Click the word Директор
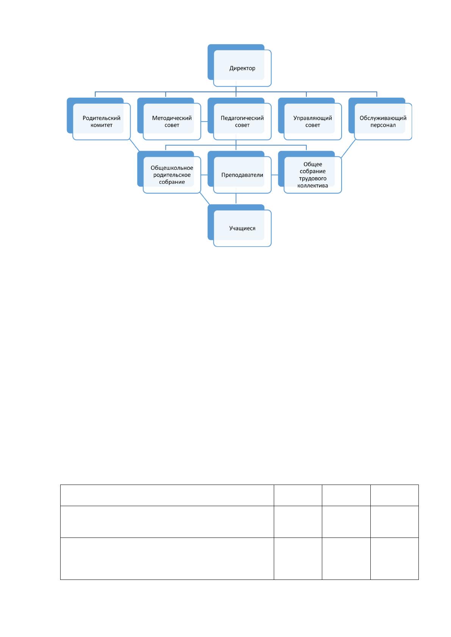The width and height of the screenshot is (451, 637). (x=242, y=68)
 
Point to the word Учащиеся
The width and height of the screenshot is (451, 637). (x=242, y=228)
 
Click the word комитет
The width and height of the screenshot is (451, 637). (x=101, y=125)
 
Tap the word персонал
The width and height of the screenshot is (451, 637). (x=383, y=126)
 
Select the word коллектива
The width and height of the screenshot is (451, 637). (x=313, y=186)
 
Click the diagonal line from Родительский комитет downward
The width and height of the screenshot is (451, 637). (x=134, y=145)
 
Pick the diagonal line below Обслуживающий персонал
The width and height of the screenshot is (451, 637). (x=348, y=148)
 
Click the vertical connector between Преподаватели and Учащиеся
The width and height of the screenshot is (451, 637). (x=236, y=199)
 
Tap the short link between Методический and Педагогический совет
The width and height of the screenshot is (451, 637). (x=204, y=122)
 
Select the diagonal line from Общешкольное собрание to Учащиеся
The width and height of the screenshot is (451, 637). (x=205, y=199)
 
